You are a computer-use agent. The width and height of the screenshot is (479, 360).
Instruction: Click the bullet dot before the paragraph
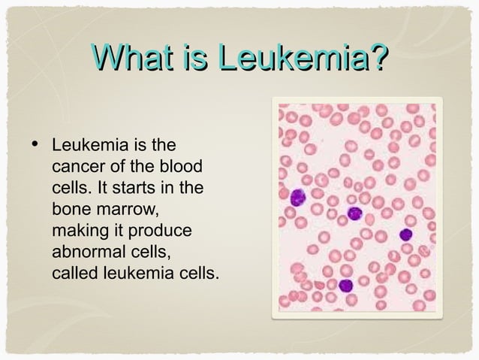click(x=36, y=140)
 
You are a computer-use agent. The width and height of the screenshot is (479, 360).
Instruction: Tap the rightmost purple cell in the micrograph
click(x=405, y=234)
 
